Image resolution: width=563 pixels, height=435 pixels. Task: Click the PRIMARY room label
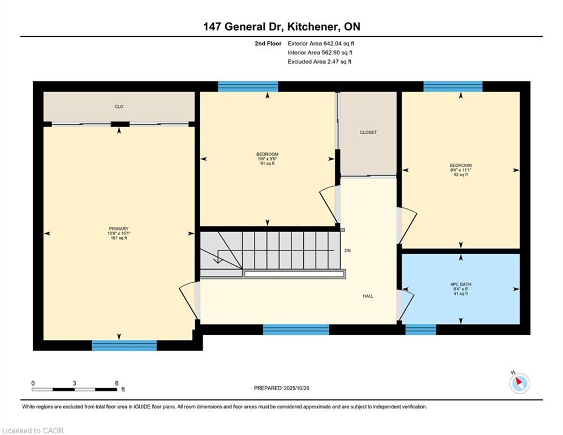119,229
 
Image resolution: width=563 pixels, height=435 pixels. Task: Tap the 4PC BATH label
461,284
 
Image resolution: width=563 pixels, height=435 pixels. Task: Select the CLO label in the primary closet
119,106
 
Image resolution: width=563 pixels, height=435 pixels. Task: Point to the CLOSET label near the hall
368,133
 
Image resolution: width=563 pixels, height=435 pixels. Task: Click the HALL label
368,296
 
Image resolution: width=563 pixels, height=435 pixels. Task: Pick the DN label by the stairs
347,250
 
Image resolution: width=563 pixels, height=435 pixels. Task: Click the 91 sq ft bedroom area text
267,163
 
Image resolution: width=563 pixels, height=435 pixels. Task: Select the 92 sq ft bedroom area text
461,174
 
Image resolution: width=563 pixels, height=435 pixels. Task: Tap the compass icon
519,383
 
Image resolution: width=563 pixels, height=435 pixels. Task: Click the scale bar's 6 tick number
117,383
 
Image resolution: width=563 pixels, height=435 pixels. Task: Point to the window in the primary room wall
124,346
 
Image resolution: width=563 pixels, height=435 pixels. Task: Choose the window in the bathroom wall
421,329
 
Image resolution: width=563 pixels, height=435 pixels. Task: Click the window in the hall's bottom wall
296,329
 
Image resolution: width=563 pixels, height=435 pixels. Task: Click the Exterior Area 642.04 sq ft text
321,44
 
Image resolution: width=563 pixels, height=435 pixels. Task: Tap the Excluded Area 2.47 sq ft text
319,62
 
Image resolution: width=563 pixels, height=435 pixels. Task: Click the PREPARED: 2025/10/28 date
282,388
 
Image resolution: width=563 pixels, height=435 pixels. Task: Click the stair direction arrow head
217,260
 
